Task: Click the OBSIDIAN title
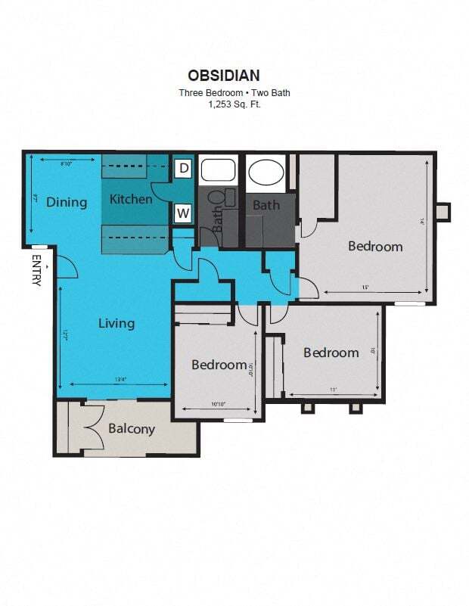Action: point(224,75)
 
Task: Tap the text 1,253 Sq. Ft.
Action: point(234,104)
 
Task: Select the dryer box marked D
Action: point(183,168)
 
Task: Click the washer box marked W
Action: point(183,213)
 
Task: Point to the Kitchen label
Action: point(131,200)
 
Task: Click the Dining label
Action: point(67,202)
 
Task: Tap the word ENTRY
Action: point(36,269)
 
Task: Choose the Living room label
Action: point(116,323)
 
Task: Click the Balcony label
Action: point(132,429)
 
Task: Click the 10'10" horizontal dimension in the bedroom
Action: point(219,405)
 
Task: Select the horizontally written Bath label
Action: point(266,205)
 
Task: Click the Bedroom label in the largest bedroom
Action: point(375,246)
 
